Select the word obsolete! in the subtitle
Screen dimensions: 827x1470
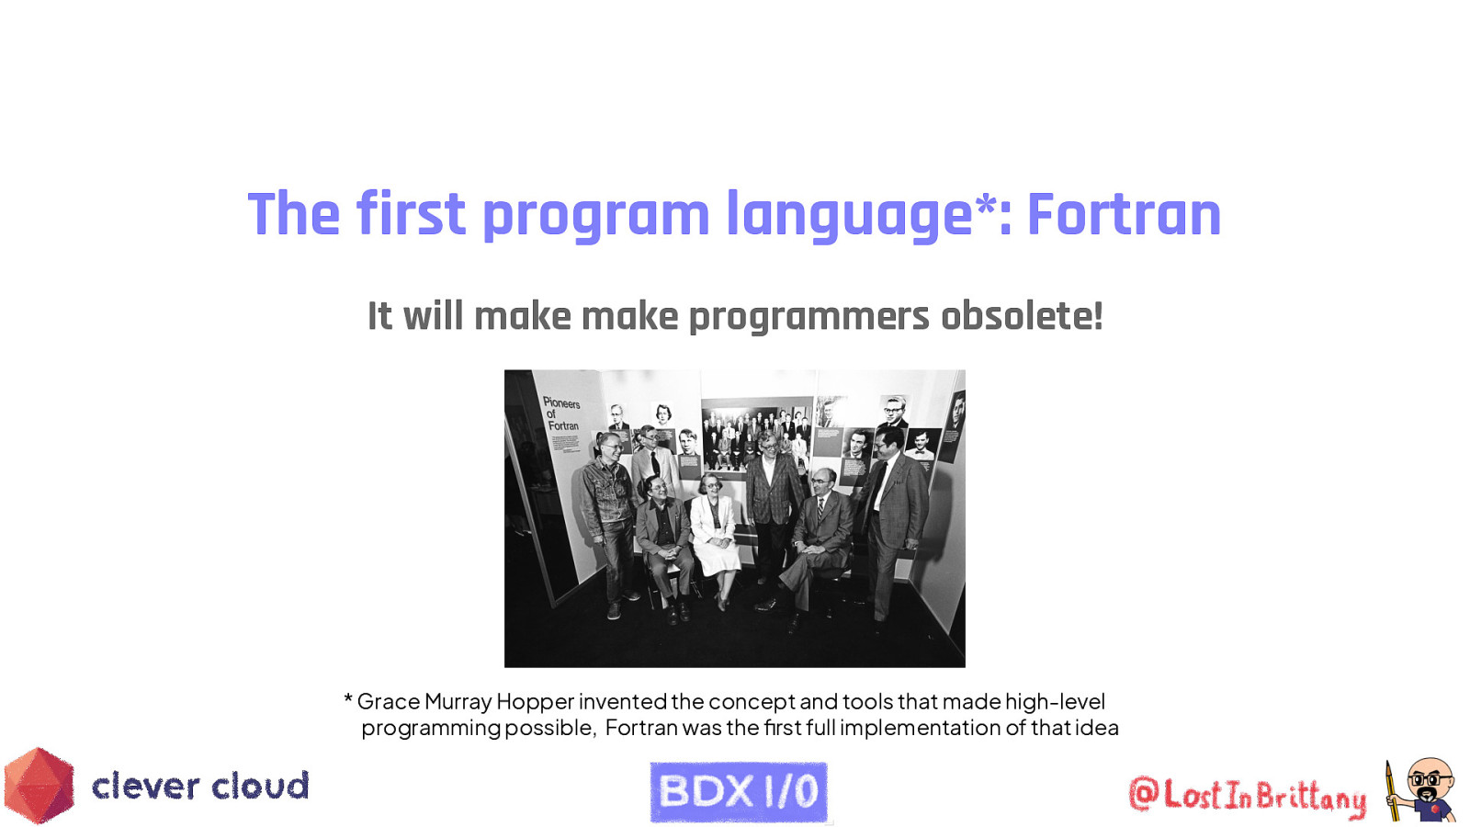point(1021,316)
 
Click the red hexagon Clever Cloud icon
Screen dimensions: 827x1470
point(39,786)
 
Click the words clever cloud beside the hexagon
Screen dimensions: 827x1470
point(200,787)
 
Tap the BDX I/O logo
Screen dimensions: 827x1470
point(739,791)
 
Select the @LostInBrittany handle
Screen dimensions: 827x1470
point(1247,795)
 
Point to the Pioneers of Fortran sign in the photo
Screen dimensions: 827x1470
point(561,414)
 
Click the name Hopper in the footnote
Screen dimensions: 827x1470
point(535,702)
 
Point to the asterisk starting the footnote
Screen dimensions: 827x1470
point(348,701)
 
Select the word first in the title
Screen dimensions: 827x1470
point(411,215)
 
